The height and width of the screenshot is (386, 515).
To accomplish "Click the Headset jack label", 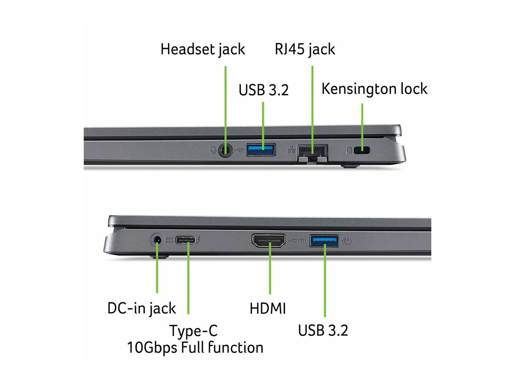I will coord(203,49).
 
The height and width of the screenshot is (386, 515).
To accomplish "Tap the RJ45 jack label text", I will coord(305,49).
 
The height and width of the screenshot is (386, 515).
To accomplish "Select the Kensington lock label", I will coord(374,89).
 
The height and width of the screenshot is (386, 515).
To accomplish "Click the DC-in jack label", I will coord(141,308).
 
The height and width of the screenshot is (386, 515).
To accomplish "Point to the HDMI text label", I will coord(267,308).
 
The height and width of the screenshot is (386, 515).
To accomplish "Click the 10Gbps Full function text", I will coord(195,347).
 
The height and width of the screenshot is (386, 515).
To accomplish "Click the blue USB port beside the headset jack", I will coord(261,150).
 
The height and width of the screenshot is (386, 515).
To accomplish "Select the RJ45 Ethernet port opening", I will coord(312,151).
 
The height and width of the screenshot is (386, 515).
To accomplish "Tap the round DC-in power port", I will coord(158,239).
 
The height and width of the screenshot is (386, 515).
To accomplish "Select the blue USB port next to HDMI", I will coord(324,240).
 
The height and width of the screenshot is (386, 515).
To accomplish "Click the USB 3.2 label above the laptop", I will coord(264,90).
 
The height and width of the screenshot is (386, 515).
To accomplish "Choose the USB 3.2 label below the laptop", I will coord(323,330).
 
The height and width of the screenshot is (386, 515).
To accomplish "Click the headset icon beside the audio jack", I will coord(213,150).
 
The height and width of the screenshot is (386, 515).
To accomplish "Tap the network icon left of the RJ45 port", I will coord(292,150).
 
